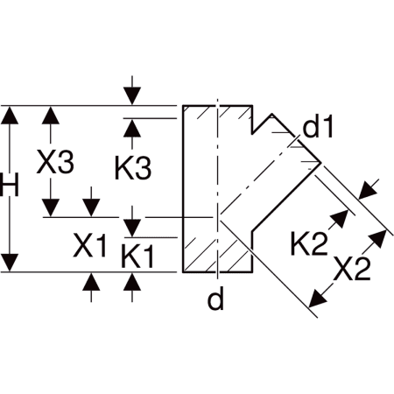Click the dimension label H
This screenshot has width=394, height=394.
10,185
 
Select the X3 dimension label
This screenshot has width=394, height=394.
55,162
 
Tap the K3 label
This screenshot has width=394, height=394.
133,168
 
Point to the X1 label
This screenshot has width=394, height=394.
89,245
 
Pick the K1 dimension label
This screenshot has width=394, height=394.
137,257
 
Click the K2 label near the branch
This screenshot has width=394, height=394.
309,243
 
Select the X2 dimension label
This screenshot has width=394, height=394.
352,269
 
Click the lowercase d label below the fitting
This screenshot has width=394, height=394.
215,299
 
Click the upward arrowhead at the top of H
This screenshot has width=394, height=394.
10,115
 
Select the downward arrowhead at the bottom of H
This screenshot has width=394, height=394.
10,263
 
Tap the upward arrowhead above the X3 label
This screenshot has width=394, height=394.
51,115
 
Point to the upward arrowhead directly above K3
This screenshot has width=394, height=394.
132,128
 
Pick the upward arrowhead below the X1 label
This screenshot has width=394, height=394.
91,282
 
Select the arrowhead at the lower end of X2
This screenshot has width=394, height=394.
317,298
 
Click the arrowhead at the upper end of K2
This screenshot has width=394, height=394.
340,219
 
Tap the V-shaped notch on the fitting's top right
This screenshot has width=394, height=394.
263,124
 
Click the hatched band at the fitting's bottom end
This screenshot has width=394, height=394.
217,255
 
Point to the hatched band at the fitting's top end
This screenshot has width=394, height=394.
217,112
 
